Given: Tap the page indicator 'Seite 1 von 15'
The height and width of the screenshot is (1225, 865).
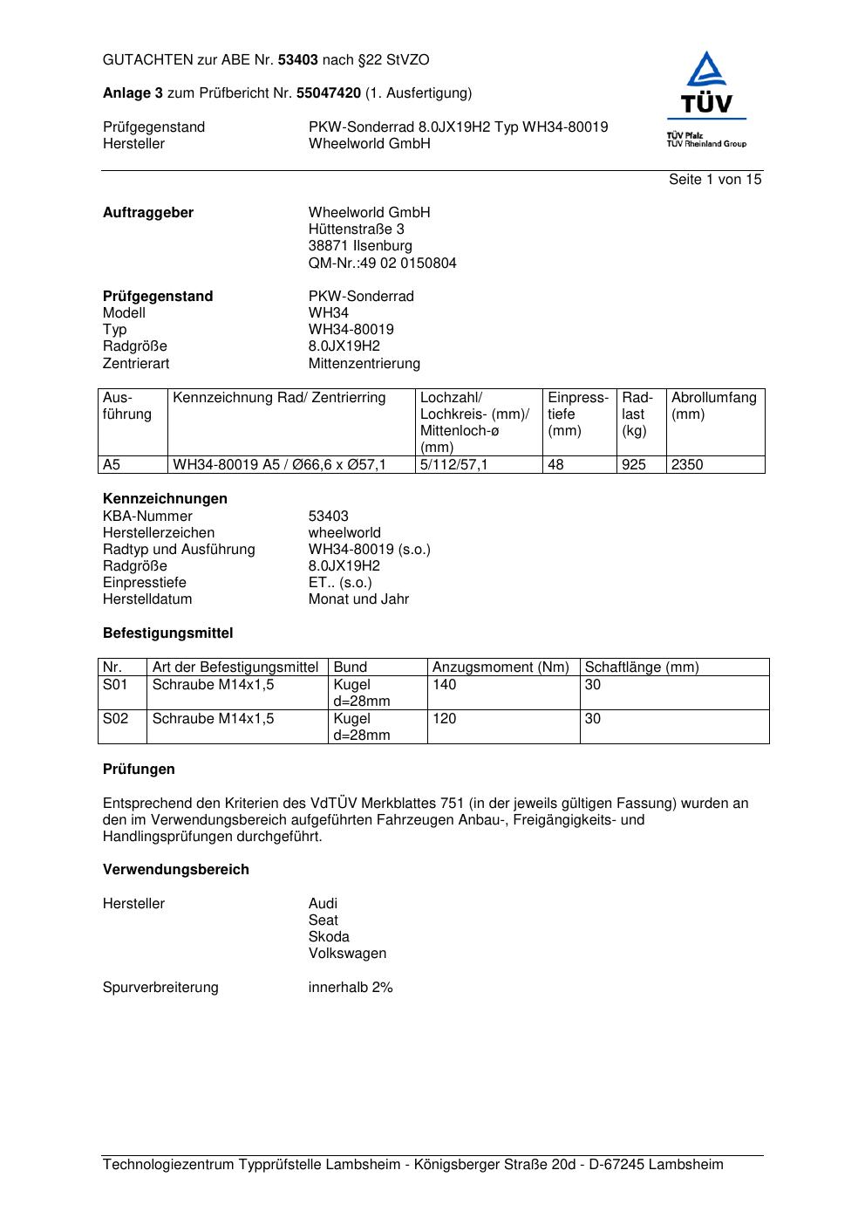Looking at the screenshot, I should tap(715, 180).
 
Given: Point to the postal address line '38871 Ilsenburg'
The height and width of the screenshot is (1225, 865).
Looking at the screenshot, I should tap(360, 246).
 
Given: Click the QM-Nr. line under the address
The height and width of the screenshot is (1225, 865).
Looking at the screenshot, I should tap(382, 263).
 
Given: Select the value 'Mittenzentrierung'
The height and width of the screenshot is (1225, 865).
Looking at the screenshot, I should tap(364, 363).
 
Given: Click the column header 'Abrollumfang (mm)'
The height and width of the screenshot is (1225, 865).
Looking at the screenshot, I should tap(713, 406).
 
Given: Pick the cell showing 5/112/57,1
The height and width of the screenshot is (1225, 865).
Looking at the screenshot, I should tap(454, 465).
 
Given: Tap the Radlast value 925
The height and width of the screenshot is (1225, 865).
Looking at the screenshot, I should tap(634, 465).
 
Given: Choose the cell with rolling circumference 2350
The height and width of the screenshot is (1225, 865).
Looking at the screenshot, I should tap(687, 465).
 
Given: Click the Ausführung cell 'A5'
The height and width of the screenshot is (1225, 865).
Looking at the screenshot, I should tap(112, 465).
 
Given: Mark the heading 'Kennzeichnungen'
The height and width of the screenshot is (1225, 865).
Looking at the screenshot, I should tap(165, 499).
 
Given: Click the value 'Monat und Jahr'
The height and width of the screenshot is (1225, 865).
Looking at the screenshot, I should tap(358, 599).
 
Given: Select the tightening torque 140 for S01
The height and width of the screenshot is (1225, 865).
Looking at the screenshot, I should tap(445, 685).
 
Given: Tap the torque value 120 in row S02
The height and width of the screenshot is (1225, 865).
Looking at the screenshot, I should tap(445, 719).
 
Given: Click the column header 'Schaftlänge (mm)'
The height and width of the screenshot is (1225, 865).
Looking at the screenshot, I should tap(642, 667).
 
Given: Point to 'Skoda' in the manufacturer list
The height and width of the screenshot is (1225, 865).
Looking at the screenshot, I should tap(329, 937).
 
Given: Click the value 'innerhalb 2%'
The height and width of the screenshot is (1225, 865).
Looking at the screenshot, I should tap(351, 988).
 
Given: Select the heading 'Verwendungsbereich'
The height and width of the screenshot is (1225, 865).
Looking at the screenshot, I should tap(176, 870).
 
